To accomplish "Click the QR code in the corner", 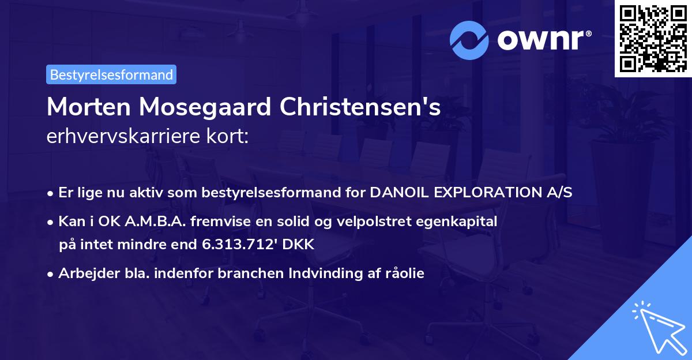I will click(x=653, y=39).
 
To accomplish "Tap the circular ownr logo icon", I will click(x=468, y=41).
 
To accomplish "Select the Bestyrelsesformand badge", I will click(x=111, y=74).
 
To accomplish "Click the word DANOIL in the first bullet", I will click(x=398, y=193).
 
